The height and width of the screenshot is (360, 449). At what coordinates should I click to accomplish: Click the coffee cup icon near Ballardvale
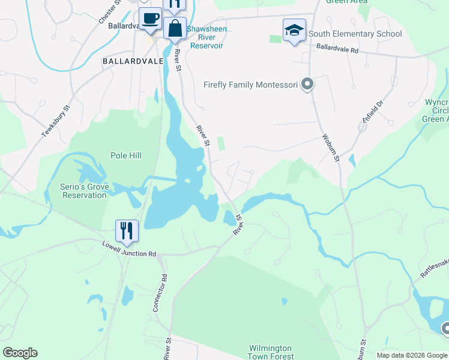(150, 18)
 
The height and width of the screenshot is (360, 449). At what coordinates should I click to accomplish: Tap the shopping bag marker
(175, 28)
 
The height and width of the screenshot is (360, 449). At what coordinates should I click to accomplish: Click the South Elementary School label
(355, 34)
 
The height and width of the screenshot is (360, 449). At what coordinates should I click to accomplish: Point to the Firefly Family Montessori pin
(307, 85)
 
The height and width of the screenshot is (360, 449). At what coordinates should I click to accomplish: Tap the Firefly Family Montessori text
(251, 85)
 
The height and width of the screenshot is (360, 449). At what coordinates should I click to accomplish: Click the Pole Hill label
(126, 155)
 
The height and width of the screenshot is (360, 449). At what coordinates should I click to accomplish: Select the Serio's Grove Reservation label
(86, 191)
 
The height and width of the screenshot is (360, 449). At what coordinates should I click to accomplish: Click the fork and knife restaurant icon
(127, 230)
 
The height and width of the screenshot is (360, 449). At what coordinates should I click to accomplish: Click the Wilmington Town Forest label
(270, 352)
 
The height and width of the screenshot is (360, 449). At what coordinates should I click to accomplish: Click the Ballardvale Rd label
(337, 49)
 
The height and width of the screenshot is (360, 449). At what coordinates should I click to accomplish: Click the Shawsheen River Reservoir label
(206, 37)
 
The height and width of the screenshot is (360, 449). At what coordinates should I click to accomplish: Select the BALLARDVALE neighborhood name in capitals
(127, 61)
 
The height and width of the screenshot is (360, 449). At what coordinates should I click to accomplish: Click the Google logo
(20, 353)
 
